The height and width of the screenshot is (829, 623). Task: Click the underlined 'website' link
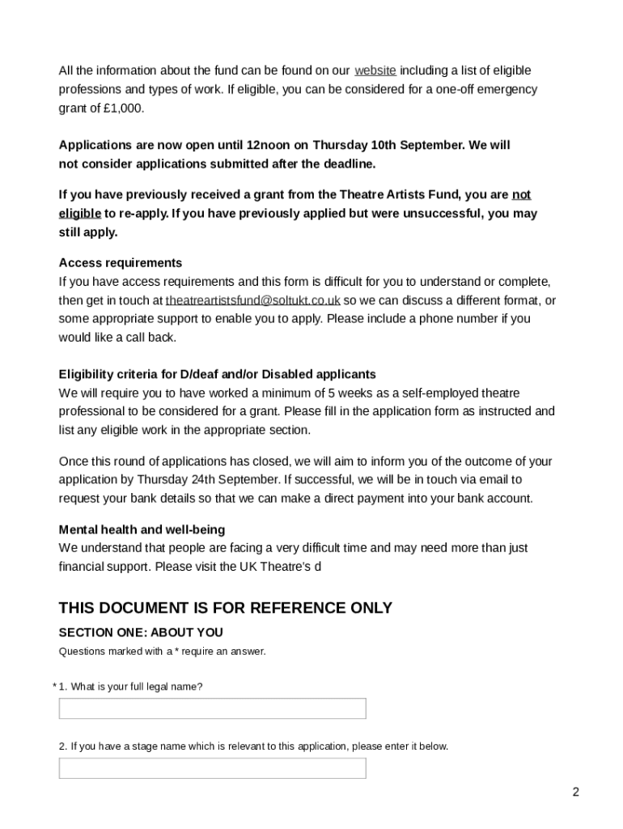click(x=375, y=70)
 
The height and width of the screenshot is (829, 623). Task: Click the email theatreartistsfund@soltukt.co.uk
click(x=252, y=300)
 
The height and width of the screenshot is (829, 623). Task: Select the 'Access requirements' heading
click(x=121, y=263)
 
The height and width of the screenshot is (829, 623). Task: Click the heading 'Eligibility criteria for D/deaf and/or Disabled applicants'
click(x=217, y=374)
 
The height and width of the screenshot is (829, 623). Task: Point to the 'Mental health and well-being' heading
click(x=142, y=529)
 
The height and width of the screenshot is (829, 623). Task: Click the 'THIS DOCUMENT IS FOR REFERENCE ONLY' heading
click(x=225, y=608)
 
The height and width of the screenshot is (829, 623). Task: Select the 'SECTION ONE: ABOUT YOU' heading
click(x=141, y=632)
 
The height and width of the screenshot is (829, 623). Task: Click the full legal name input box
click(x=212, y=708)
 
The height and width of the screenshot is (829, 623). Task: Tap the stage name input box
click(x=212, y=768)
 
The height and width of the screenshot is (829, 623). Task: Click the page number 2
click(x=575, y=792)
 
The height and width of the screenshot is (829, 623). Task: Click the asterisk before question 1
click(x=55, y=687)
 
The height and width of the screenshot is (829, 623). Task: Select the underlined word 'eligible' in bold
click(x=80, y=214)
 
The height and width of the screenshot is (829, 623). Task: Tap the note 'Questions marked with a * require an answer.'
click(x=162, y=652)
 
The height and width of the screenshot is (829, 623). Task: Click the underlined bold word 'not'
click(x=521, y=194)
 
